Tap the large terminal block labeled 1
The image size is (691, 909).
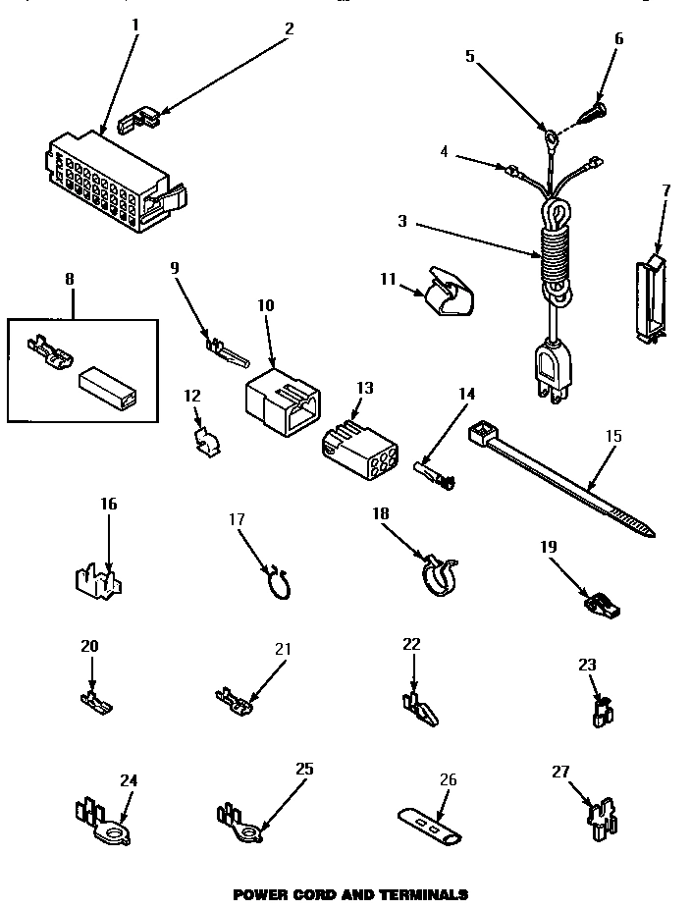point(108,182)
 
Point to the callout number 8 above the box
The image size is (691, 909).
point(68,280)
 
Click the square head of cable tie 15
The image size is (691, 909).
point(481,431)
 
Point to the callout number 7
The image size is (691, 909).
point(665,189)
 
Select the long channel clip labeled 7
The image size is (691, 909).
point(649,295)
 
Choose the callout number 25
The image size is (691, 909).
point(304,769)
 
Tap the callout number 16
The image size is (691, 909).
point(108,504)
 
